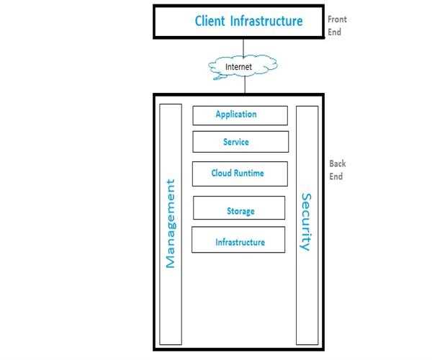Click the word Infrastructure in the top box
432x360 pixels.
pyautogui.click(x=266, y=21)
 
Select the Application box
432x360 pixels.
pyautogui.click(x=240, y=115)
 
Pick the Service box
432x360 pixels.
pyautogui.click(x=240, y=142)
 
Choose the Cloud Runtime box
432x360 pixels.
pyautogui.click(x=240, y=174)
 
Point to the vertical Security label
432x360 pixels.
pyautogui.click(x=307, y=222)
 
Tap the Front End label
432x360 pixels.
pyautogui.click(x=336, y=26)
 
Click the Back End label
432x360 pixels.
pyautogui.click(x=337, y=170)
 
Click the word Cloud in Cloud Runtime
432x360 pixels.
pyautogui.click(x=222, y=174)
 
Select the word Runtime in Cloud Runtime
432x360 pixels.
pyautogui.click(x=251, y=174)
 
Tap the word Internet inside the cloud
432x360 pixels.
pyautogui.click(x=240, y=67)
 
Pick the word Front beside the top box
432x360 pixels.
pyautogui.click(x=338, y=20)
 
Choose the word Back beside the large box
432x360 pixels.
pyautogui.click(x=338, y=163)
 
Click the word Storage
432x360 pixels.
pyautogui.click(x=240, y=211)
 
